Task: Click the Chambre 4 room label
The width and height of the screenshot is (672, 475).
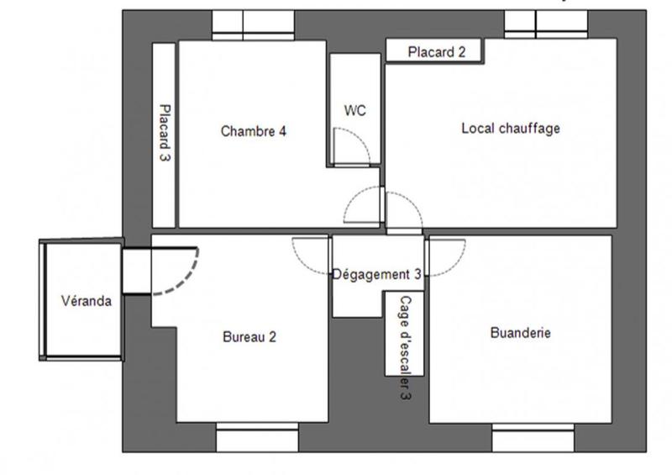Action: point(254,131)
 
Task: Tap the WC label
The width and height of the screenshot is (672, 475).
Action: point(354,110)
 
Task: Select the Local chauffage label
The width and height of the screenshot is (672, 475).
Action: point(510,129)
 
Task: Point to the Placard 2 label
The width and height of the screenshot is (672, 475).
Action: point(436,52)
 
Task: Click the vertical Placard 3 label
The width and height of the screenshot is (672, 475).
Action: point(165,132)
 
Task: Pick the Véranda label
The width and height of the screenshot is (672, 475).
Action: point(86,301)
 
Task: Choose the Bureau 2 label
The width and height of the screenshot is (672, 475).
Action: point(249,337)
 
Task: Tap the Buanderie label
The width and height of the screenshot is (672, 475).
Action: point(520,333)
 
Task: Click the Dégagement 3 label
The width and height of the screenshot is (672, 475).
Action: point(376,274)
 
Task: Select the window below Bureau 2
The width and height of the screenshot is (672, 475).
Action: point(257,438)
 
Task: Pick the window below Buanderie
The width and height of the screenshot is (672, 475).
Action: point(533,438)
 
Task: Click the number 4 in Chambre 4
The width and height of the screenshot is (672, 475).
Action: point(284,131)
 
